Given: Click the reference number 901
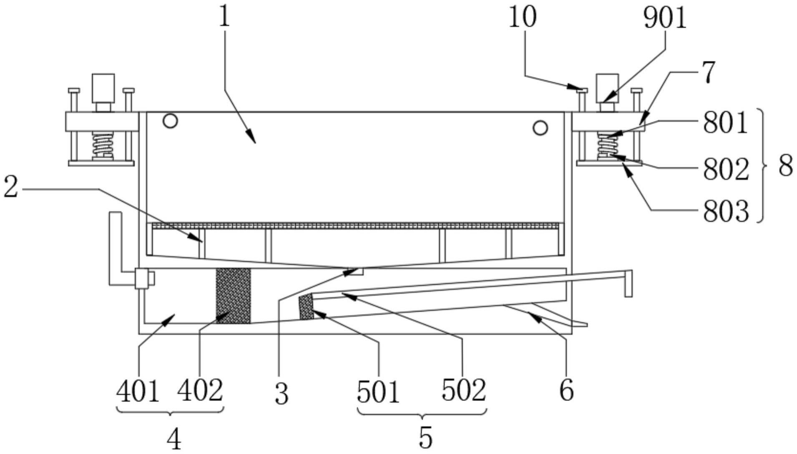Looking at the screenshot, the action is click(665, 19).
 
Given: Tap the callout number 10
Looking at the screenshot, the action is click(522, 18).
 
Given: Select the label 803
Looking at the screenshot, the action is click(726, 211).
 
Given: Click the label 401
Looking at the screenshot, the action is click(138, 392).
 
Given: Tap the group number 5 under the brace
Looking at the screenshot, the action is click(425, 437).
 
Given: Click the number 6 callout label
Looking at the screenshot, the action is click(566, 390).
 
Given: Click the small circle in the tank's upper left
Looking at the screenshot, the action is click(170, 121).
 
